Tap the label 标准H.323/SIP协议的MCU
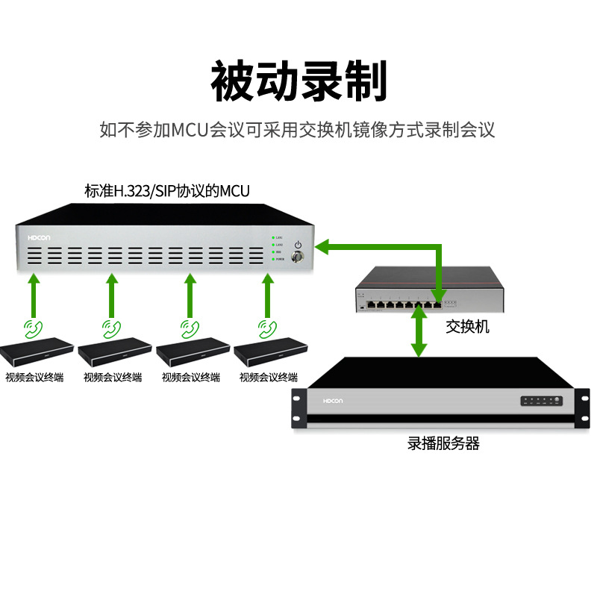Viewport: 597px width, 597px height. [167, 192]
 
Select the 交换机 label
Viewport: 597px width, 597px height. [467, 326]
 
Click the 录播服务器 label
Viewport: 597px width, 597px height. [443, 444]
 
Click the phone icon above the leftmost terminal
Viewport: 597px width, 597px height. [34, 327]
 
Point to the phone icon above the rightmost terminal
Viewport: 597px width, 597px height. [268, 327]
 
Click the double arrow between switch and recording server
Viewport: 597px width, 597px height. [420, 334]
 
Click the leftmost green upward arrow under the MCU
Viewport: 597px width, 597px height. [34, 295]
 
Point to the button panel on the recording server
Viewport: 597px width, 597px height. [543, 401]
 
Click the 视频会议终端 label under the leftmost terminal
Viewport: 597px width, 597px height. [34, 378]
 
